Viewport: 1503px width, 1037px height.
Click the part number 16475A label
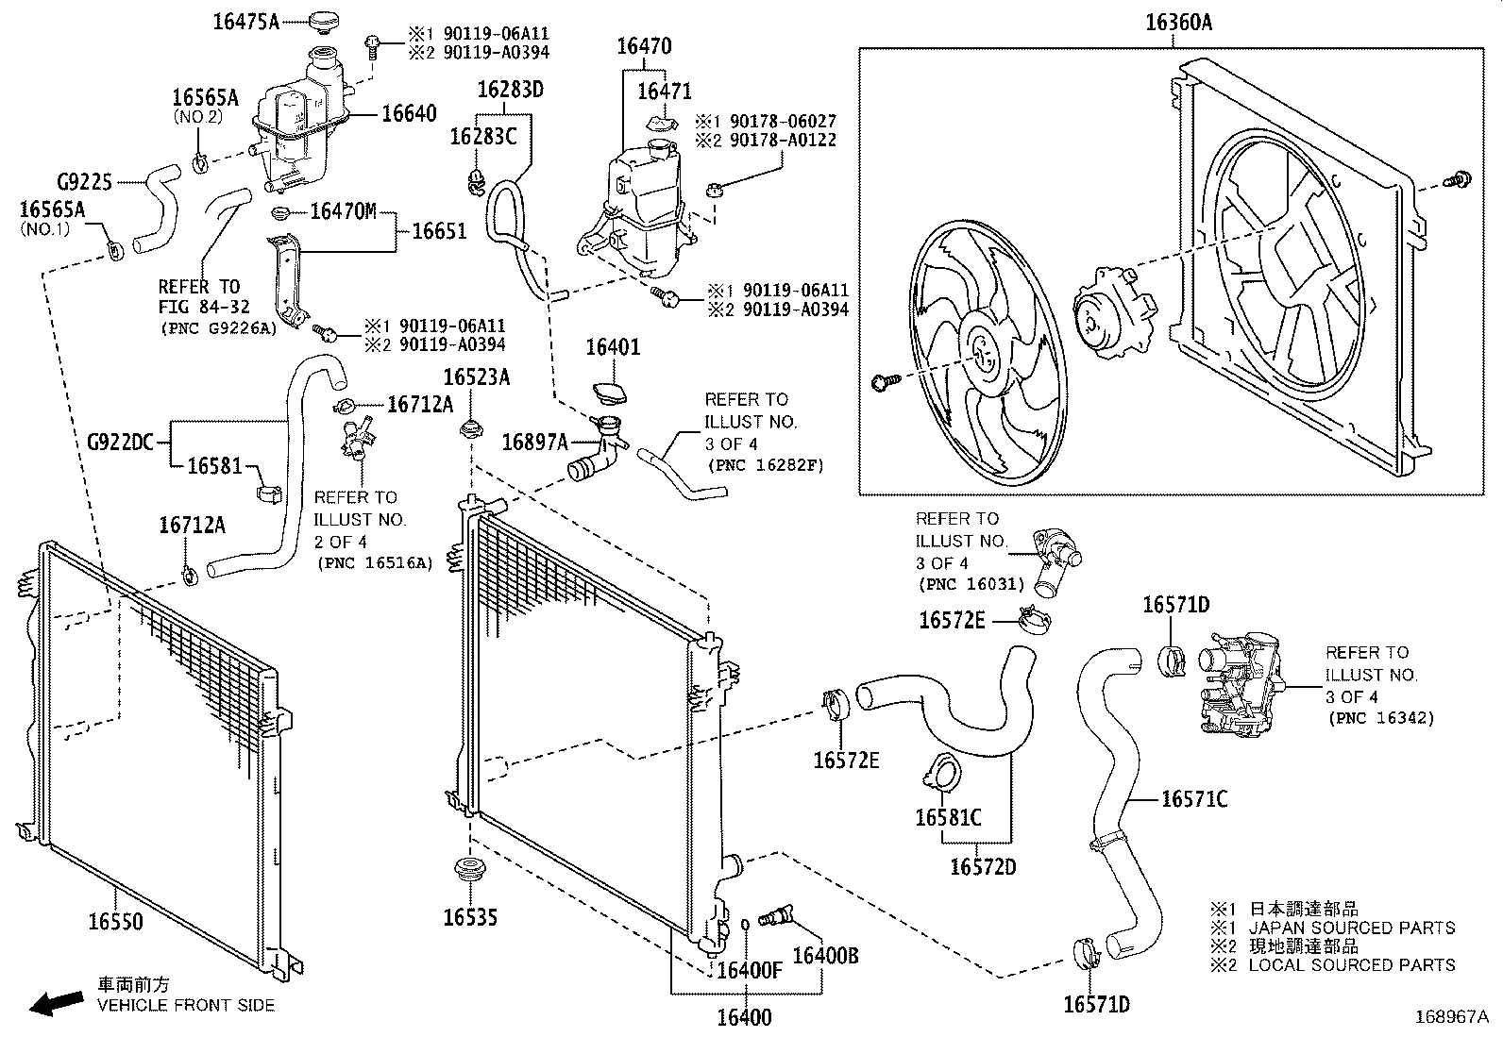[245, 22]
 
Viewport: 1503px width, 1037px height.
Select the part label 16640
[409, 114]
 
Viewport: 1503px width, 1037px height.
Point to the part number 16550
[116, 922]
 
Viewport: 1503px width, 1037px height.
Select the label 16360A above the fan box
[1178, 23]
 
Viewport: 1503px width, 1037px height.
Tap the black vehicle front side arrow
[56, 1003]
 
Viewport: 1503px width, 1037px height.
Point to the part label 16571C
[1194, 799]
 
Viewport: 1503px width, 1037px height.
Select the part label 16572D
[983, 866]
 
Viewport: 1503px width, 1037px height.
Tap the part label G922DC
[120, 441]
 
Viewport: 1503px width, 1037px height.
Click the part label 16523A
[477, 377]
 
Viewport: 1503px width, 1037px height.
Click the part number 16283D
[510, 90]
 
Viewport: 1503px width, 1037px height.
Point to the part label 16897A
[534, 442]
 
